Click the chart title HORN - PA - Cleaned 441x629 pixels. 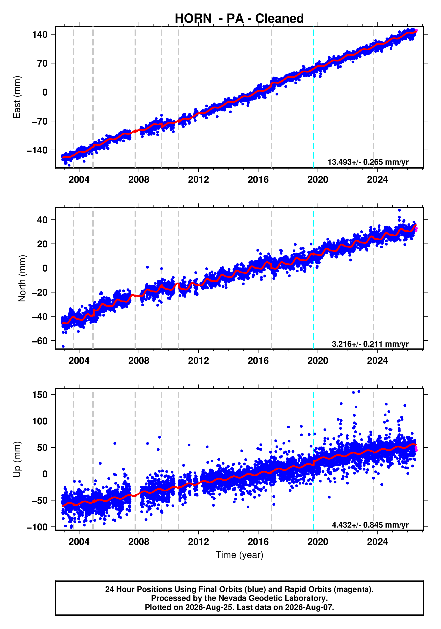click(239, 18)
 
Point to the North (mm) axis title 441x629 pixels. click(22, 278)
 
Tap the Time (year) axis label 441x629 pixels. click(239, 555)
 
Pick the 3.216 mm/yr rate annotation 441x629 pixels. click(370, 344)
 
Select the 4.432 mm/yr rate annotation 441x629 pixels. click(370, 525)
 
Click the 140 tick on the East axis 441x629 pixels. click(40, 35)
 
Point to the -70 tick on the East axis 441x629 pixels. click(40, 121)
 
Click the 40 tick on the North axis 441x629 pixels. click(42, 220)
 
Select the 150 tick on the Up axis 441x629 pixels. click(40, 395)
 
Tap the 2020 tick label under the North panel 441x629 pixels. click(318, 360)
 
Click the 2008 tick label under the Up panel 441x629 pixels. click(139, 542)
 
